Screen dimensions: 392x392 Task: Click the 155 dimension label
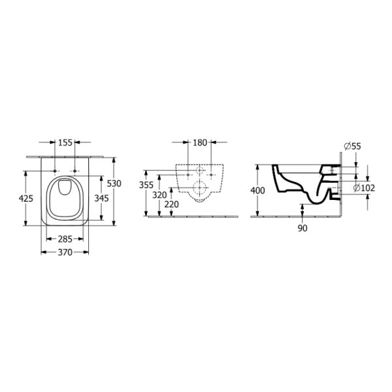65,142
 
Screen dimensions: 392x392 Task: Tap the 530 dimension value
114,184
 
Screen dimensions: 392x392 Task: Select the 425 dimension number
26,199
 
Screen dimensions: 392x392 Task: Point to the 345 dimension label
101,198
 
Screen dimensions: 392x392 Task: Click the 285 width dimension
65,239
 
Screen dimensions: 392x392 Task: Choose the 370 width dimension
65,252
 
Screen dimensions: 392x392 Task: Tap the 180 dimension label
200,142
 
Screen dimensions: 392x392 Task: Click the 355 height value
146,185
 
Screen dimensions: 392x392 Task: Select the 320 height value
159,195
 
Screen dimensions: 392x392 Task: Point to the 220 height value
172,204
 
